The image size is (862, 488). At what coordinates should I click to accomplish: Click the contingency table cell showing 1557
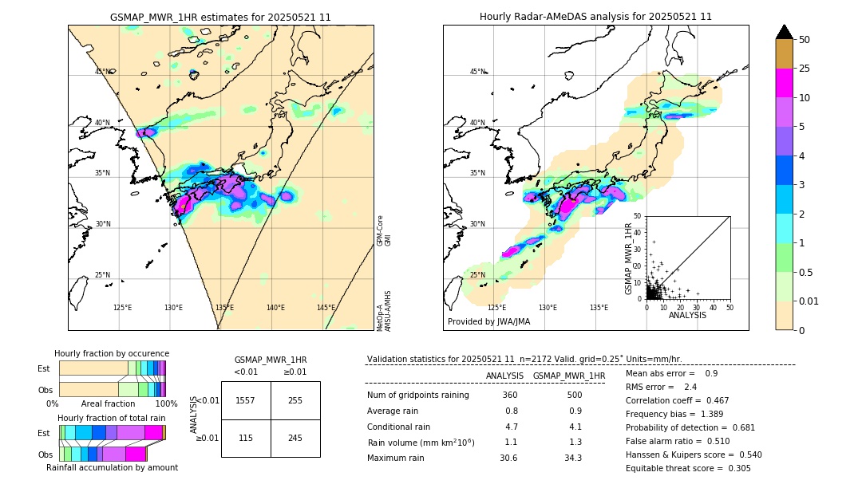tap(246, 400)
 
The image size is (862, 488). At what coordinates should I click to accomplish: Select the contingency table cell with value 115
tap(246, 438)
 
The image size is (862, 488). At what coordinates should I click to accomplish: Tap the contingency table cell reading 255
tap(295, 400)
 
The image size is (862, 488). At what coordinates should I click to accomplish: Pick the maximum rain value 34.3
tap(573, 458)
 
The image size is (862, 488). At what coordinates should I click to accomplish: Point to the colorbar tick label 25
tap(805, 69)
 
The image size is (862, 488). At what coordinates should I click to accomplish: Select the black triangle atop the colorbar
tap(785, 32)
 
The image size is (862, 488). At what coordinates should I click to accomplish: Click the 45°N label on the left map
tap(103, 72)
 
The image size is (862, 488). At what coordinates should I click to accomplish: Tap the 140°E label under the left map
tap(275, 308)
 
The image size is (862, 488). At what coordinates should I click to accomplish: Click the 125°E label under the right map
tap(496, 308)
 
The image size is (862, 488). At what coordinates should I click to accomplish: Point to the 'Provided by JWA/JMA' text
tap(488, 321)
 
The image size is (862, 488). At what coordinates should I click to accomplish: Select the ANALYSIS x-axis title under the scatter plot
tap(687, 315)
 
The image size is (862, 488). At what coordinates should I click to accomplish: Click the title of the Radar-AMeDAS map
tap(595, 17)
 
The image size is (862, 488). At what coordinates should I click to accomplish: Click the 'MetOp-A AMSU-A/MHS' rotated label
tap(384, 310)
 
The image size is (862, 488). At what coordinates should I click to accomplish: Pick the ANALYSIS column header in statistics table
tap(504, 376)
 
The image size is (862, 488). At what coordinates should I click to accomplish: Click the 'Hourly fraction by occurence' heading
tap(111, 353)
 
